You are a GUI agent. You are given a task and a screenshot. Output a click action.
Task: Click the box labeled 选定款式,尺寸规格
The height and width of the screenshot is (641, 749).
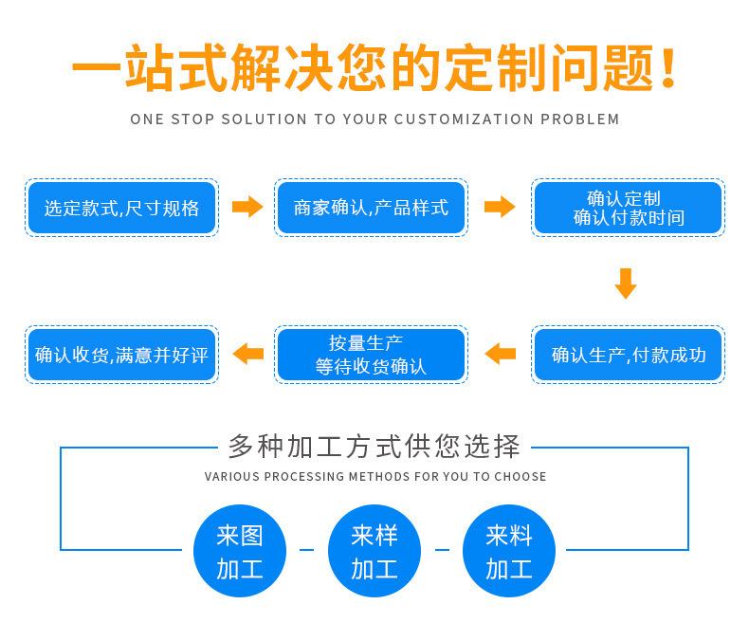tap(121, 208)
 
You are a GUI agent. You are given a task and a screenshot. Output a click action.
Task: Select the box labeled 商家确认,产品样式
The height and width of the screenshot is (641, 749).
tap(371, 208)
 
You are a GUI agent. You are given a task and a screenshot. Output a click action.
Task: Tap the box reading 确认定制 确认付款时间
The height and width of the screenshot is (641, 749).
tap(628, 208)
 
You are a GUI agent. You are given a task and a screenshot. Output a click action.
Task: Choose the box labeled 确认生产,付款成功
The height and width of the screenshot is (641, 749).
tap(628, 356)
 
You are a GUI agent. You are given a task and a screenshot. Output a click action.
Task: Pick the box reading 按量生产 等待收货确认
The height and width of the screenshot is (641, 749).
tap(371, 356)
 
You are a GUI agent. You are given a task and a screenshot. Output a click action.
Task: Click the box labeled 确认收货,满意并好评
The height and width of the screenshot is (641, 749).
tap(121, 356)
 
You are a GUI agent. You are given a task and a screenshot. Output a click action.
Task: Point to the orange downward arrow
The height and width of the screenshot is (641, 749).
tap(625, 283)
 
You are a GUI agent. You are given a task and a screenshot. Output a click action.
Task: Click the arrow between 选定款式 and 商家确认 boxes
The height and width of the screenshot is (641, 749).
tap(247, 207)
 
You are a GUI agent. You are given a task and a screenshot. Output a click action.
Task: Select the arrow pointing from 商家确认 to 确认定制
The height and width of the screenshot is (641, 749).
tap(499, 207)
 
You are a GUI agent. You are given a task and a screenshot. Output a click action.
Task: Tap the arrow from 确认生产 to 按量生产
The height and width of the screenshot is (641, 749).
tap(500, 355)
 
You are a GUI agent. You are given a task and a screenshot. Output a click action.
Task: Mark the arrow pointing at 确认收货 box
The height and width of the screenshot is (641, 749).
tap(247, 355)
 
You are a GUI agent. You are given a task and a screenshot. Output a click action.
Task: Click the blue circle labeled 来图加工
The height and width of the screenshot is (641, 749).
tap(239, 551)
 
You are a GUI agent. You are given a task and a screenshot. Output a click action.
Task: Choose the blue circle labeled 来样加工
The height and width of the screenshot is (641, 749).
tap(374, 551)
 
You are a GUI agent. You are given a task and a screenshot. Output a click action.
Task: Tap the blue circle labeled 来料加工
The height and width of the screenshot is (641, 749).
tap(509, 551)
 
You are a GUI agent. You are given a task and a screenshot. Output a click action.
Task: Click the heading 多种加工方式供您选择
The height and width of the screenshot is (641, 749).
tap(374, 445)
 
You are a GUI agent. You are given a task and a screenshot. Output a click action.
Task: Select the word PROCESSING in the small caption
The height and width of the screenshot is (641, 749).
tap(303, 476)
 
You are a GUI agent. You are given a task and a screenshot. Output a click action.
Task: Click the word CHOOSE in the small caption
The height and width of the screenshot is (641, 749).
tap(521, 476)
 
